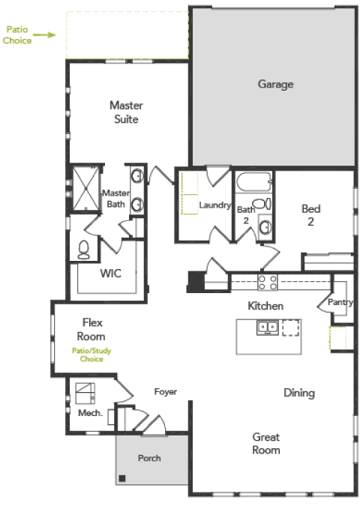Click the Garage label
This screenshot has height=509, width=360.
[275, 85]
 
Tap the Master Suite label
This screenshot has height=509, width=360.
[126, 112]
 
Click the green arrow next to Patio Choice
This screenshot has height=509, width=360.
[44, 34]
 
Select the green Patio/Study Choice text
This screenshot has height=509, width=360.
[91, 355]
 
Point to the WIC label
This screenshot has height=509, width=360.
[111, 274]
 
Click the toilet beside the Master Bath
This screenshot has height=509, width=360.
[84, 250]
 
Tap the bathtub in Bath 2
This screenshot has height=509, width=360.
[253, 181]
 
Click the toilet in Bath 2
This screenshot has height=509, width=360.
[262, 204]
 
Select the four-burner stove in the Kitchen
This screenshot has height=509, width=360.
[268, 282]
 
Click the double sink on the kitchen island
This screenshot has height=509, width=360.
[268, 328]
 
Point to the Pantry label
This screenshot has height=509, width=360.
[340, 303]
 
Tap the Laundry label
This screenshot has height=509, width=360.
[214, 205]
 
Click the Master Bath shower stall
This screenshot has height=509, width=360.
[85, 189]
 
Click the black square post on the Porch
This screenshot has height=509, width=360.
[122, 478]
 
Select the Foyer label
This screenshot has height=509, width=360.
[166, 392]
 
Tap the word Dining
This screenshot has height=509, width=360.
[299, 393]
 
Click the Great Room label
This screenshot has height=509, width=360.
[266, 444]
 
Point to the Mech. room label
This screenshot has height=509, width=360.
[90, 413]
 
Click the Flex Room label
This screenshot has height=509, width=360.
[91, 330]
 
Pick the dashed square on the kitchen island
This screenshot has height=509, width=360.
[290, 328]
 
